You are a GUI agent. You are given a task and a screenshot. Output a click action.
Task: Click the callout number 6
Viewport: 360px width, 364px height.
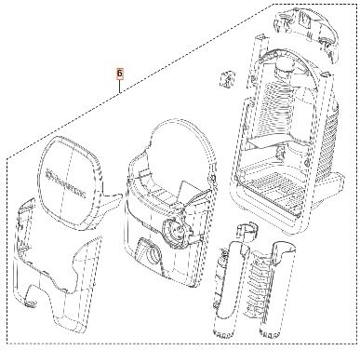[117, 71]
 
